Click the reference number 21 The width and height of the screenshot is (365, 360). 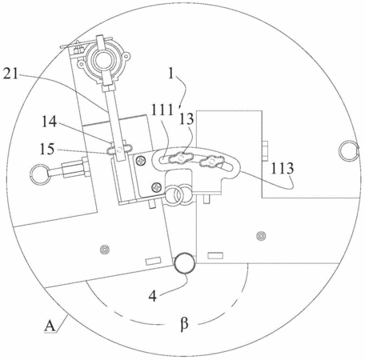pos(10,74)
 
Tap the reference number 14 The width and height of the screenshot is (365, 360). pos(49,122)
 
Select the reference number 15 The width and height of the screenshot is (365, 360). pos(47,149)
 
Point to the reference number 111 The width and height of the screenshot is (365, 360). pos(162,110)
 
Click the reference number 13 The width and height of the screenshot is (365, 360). pos(186,118)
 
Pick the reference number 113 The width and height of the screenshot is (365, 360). pos(283,169)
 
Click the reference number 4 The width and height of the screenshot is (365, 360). pos(153,296)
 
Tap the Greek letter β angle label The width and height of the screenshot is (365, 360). pos(184,324)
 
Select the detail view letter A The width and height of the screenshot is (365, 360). pos(50,326)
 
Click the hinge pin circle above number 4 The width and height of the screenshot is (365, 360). pos(185,262)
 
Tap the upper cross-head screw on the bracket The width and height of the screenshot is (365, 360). pos(141,160)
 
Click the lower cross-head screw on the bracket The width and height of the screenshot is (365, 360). pos(155,187)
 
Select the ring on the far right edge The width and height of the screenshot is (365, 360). pos(349,150)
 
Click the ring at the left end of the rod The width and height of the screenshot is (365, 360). pos(39,174)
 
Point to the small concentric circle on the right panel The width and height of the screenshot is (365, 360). pos(261,236)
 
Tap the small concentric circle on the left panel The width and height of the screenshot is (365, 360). pos(105,250)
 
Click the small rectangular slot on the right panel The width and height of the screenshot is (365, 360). pos(215,256)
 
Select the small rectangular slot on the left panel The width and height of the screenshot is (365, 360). pos(153,262)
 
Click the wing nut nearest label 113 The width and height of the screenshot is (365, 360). pos(211,162)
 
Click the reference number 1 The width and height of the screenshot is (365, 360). pos(171,74)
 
